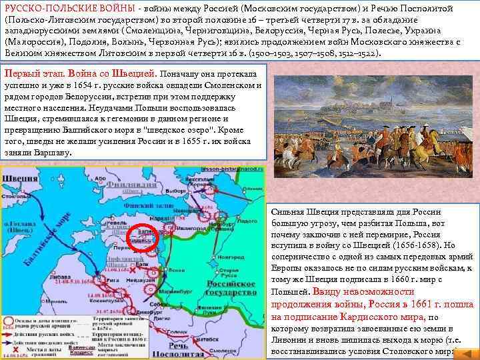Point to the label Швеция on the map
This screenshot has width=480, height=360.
click(20, 179)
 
